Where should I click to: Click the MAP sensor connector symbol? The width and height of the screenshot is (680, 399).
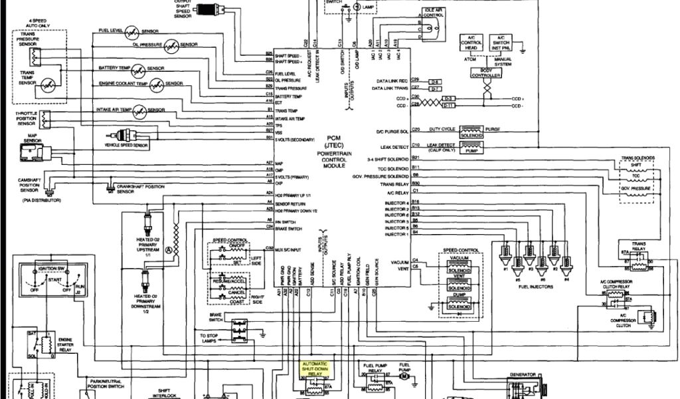[31, 154]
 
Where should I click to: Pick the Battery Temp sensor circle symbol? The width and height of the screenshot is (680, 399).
[139, 70]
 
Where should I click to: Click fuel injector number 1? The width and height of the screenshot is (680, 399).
[506, 254]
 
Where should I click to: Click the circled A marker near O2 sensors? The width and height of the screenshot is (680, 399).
[169, 249]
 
